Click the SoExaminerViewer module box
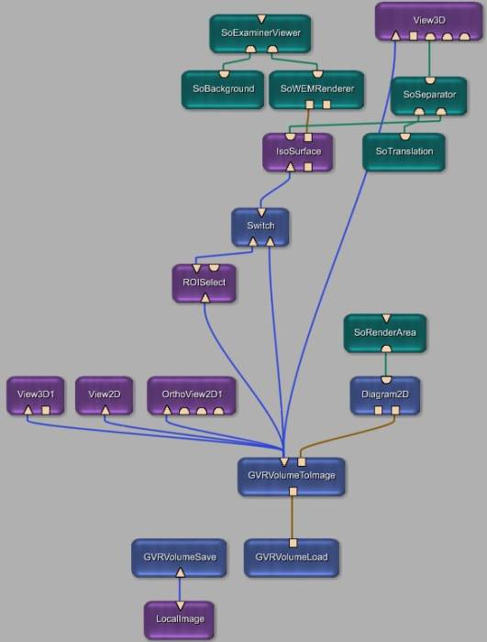tap(260, 34)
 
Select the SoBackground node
tap(223, 90)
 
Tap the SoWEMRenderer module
tap(316, 90)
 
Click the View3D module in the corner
tap(429, 21)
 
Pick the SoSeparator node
tap(429, 95)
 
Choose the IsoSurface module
tap(298, 152)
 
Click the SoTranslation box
tap(404, 152)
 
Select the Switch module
tap(260, 227)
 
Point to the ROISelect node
tap(205, 283)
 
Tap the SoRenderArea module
tap(385, 333)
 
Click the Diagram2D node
tap(385, 396)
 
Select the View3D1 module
tap(36, 396)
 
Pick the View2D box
tap(105, 396)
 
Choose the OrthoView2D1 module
tap(192, 396)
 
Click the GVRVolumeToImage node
tap(292, 477)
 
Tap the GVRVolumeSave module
tap(179, 558)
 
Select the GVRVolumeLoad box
tap(292, 558)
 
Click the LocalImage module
tap(180, 620)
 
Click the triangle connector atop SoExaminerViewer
tap(261, 19)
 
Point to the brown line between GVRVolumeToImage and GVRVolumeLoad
tap(293, 517)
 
